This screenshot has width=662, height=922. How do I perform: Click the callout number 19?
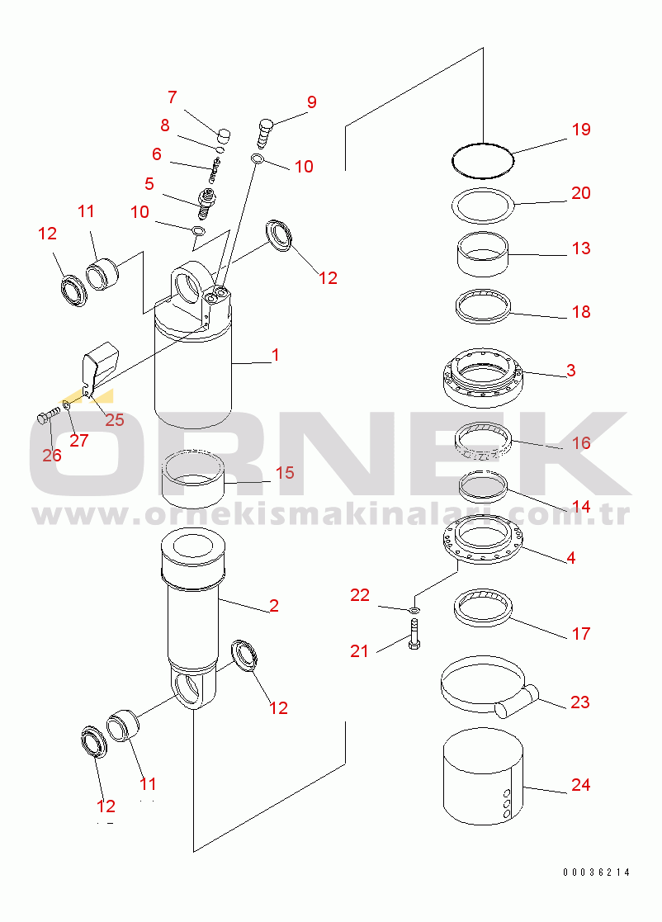pyautogui.click(x=581, y=130)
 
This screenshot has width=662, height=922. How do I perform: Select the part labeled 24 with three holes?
pyautogui.click(x=482, y=776)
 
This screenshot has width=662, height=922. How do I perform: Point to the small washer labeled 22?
pyautogui.click(x=413, y=610)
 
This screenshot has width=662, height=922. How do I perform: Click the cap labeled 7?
pyautogui.click(x=224, y=134)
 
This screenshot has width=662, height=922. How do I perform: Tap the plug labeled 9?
pyautogui.click(x=266, y=129)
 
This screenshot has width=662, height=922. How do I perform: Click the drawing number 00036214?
pyautogui.click(x=597, y=872)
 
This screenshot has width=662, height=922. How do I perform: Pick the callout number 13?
pyautogui.click(x=581, y=248)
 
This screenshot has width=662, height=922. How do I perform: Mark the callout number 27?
pyautogui.click(x=78, y=440)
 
